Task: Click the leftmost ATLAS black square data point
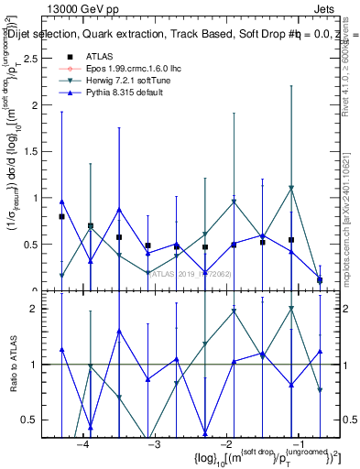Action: [x=61, y=217]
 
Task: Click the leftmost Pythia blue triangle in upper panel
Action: [x=61, y=202]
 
